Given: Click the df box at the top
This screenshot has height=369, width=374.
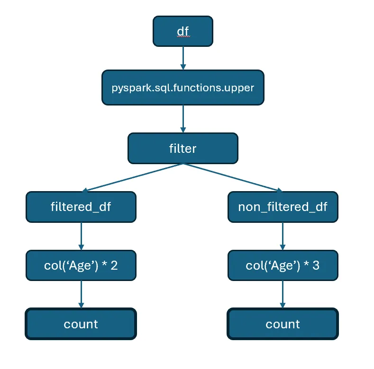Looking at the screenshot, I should [182, 31].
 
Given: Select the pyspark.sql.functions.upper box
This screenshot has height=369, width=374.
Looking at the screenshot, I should [182, 88].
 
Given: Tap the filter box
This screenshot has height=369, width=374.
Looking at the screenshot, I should [182, 148].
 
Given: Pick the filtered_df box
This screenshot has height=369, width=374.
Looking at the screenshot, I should [81, 207].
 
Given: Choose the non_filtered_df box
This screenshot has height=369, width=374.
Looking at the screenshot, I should [283, 207].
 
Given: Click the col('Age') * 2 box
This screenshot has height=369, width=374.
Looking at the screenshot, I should [81, 265].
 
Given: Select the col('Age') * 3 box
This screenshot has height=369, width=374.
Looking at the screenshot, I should [283, 265].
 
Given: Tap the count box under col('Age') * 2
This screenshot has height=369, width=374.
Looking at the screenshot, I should [81, 324].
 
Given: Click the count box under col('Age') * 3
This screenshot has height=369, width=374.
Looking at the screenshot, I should [283, 324].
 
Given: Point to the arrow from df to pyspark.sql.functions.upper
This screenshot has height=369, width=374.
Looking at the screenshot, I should [182, 58].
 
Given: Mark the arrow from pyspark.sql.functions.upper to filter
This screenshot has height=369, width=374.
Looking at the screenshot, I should [182, 119].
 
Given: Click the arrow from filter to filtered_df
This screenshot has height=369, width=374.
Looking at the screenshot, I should [133, 177].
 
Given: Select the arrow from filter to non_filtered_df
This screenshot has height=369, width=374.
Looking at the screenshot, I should [232, 177].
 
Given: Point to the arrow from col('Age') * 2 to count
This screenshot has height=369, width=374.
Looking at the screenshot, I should [81, 294].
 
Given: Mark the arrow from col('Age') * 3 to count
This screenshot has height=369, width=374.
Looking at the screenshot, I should [283, 294].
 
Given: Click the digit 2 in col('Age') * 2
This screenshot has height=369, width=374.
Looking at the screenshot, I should [114, 265].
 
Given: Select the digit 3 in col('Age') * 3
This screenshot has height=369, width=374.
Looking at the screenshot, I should [315, 265].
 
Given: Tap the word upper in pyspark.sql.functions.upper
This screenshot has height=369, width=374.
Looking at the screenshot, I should [240, 88].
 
